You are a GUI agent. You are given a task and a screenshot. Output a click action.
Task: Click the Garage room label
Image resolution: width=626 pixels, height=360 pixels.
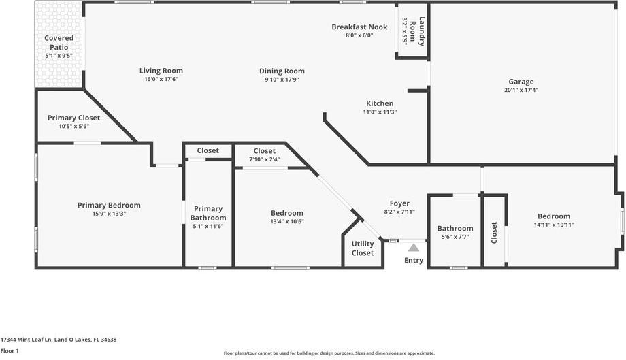click(522, 81)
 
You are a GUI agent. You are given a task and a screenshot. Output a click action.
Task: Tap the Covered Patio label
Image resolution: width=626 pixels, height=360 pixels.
click(59, 42)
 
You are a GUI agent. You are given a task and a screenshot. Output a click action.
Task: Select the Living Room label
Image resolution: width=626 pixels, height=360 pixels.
click(161, 71)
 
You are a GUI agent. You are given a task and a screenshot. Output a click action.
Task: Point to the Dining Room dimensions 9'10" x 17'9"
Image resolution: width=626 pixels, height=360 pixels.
click(282, 80)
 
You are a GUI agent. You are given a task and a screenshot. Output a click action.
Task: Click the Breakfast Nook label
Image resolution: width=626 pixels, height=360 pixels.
click(359, 27)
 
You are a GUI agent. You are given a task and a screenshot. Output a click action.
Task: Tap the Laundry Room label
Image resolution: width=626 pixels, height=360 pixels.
click(414, 32)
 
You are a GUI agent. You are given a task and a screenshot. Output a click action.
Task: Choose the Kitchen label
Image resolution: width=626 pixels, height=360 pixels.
click(380, 103)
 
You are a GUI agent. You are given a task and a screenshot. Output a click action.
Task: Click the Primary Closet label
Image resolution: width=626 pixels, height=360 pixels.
click(73, 118)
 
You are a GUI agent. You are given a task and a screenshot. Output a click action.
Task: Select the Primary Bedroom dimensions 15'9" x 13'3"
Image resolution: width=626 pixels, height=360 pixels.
click(109, 214)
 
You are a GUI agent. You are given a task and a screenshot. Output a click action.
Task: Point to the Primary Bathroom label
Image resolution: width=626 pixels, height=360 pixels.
click(208, 213)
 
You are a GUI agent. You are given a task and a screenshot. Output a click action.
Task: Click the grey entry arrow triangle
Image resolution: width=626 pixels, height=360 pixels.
click(413, 248)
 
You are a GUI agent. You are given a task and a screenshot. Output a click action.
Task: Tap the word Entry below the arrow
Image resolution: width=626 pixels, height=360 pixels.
click(414, 260)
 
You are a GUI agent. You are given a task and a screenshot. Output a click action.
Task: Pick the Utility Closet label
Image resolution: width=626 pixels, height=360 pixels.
click(363, 248)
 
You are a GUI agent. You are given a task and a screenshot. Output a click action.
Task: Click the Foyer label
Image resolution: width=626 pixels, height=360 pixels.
click(399, 203)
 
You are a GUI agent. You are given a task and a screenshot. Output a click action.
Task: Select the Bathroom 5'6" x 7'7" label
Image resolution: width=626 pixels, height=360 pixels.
click(455, 229)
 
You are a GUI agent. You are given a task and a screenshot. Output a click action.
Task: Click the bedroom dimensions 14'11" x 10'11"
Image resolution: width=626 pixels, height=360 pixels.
click(552, 225)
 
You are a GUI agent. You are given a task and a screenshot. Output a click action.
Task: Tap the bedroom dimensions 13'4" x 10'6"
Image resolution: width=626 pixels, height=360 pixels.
click(287, 221)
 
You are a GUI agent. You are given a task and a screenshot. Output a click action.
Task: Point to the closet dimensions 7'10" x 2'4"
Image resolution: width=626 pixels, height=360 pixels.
click(264, 159)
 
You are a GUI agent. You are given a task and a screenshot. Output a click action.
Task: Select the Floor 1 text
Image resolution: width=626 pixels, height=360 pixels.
click(10, 350)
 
